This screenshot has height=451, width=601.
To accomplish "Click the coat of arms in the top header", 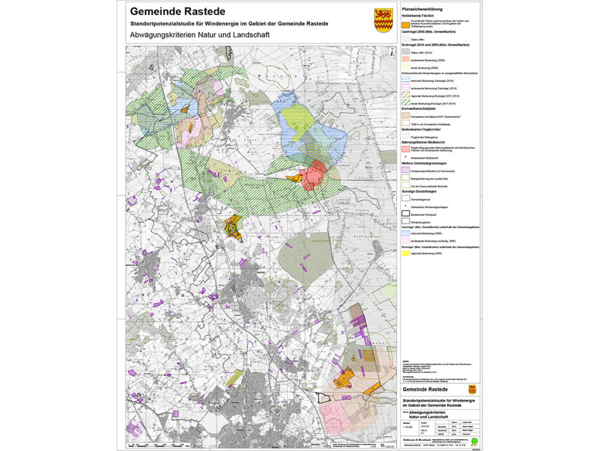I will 383,20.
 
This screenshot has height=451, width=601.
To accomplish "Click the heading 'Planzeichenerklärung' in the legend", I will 421,10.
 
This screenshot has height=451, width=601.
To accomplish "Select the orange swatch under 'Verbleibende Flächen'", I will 406,25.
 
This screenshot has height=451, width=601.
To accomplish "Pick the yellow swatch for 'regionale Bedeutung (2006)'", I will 406,254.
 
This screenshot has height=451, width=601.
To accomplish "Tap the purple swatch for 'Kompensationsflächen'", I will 406,170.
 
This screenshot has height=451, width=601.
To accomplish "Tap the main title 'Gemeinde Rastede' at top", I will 177,11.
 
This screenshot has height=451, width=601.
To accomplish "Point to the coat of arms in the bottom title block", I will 472,389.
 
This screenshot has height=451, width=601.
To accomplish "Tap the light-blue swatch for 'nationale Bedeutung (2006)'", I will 406,233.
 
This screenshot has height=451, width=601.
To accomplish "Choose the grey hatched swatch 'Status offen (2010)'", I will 406,52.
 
